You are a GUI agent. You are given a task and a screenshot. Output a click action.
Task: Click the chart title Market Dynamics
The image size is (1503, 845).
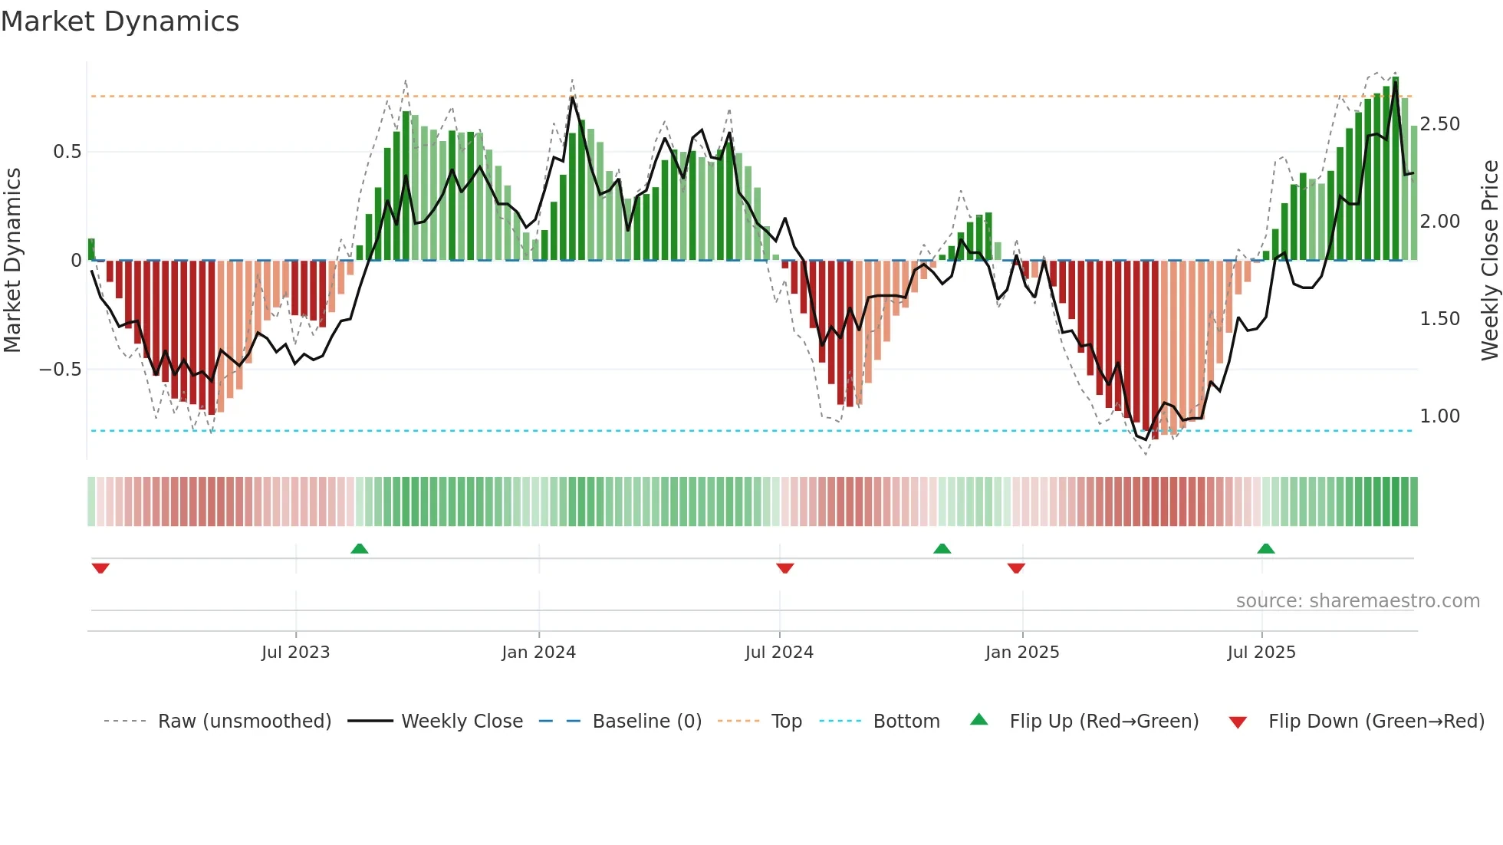(x=120, y=21)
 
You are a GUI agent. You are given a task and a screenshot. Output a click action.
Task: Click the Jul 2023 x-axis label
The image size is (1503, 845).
(x=295, y=652)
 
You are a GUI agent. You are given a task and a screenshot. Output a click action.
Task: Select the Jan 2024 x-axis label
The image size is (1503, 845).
(x=538, y=652)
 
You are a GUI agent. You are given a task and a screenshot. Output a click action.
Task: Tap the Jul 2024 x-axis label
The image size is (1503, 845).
(x=779, y=652)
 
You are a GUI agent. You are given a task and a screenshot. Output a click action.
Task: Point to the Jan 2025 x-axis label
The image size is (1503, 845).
(x=1022, y=652)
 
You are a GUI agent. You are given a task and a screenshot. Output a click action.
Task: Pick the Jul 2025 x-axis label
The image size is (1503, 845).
(x=1261, y=652)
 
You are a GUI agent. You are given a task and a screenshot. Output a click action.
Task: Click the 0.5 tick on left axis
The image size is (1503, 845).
(x=67, y=152)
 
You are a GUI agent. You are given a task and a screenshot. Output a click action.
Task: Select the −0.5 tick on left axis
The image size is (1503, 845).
(x=61, y=370)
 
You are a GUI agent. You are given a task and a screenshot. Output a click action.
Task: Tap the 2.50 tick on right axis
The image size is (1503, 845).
(x=1439, y=124)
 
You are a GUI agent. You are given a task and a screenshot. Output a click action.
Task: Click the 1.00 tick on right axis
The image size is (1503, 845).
(x=1439, y=416)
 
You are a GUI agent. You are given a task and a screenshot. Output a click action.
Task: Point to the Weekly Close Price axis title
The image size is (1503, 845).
(x=1489, y=261)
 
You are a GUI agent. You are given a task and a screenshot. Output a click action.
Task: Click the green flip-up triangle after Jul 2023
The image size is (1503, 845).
(x=360, y=548)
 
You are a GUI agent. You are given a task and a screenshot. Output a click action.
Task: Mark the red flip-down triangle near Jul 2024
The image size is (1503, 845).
(x=784, y=568)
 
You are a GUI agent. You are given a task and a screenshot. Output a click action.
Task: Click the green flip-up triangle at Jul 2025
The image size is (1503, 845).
(x=1266, y=548)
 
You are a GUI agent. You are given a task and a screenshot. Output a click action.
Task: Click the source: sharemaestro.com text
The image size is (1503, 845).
(x=1357, y=601)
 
